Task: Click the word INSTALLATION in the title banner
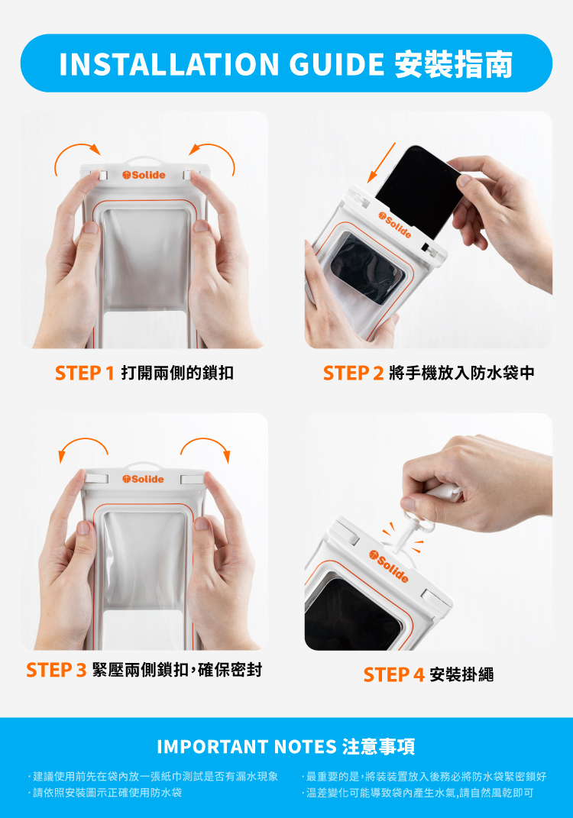[169, 64]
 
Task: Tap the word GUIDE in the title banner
[337, 64]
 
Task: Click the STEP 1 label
[85, 373]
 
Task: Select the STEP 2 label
[353, 373]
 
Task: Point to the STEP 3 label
[57, 670]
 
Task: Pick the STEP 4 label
[394, 674]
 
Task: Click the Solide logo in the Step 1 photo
[144, 175]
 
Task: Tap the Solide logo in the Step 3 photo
[143, 479]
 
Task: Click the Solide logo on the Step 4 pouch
[389, 566]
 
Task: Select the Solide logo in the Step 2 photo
[395, 225]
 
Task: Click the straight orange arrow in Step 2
[381, 163]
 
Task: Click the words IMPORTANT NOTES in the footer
[247, 746]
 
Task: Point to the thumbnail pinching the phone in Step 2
[464, 180]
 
